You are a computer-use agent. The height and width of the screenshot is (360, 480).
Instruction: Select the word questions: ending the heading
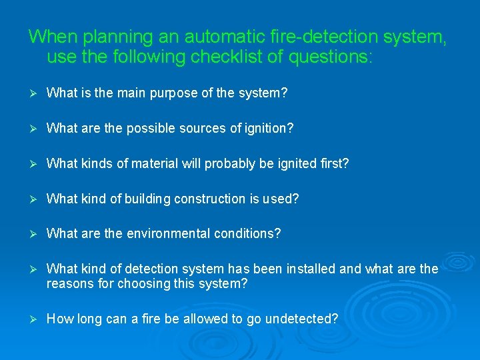pyautogui.click(x=331, y=57)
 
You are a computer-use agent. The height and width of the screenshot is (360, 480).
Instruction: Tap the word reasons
pyautogui.click(x=69, y=284)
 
